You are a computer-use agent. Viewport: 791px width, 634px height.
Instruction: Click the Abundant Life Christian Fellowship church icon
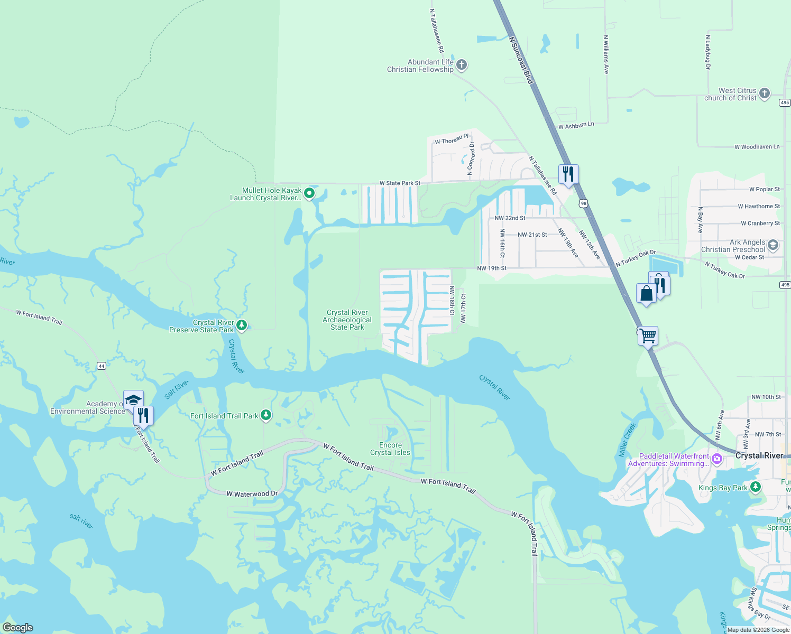462,65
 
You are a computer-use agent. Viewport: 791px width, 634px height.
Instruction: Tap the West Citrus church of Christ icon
765,94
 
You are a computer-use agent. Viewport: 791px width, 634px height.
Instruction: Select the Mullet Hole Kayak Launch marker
309,193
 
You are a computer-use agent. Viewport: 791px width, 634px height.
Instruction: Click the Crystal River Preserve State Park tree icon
242,325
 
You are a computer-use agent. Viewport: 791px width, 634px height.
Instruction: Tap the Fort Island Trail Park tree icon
266,415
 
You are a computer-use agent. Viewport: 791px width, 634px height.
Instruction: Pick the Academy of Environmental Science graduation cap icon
133,399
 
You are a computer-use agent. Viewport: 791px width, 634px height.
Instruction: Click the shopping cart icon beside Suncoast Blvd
648,335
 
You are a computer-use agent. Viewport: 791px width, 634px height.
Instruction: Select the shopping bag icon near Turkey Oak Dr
646,293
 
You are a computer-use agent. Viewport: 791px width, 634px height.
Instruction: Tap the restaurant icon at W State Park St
568,174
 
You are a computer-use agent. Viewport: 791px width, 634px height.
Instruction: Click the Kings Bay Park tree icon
756,487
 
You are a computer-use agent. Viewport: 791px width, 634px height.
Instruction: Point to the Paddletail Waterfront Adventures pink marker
717,459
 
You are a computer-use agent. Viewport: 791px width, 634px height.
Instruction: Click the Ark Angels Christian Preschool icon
773,245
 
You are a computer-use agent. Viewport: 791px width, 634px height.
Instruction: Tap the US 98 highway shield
583,203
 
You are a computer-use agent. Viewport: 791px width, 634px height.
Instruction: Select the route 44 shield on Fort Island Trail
102,366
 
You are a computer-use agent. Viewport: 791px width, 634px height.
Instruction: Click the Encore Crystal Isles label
390,449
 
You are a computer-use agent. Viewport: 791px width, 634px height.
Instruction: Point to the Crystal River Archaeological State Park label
347,320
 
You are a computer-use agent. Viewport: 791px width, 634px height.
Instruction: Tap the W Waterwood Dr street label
252,493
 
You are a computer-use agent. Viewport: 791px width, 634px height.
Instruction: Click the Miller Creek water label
627,440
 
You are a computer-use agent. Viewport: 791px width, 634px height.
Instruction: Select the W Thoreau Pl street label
452,139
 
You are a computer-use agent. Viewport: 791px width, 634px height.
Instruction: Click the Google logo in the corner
17,627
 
